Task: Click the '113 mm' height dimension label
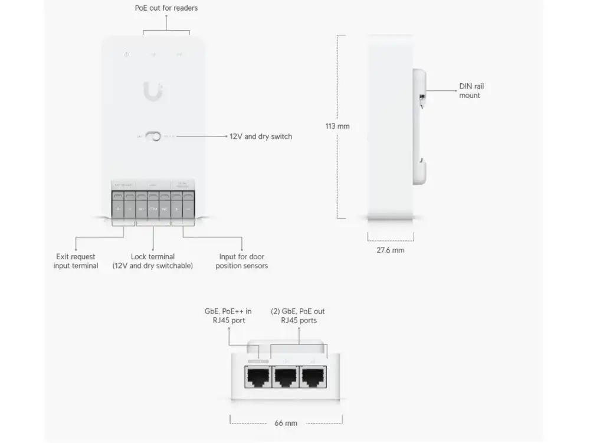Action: [337, 126]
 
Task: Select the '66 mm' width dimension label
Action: [286, 424]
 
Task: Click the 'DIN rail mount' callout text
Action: [471, 91]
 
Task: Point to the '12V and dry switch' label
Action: [260, 136]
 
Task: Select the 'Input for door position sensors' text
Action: [242, 261]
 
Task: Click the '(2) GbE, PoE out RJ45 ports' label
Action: [297, 315]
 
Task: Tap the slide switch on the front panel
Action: [153, 136]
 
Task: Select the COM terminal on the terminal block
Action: [153, 210]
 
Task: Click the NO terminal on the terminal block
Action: [142, 210]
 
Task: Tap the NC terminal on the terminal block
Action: [165, 210]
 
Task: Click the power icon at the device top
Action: [126, 55]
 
